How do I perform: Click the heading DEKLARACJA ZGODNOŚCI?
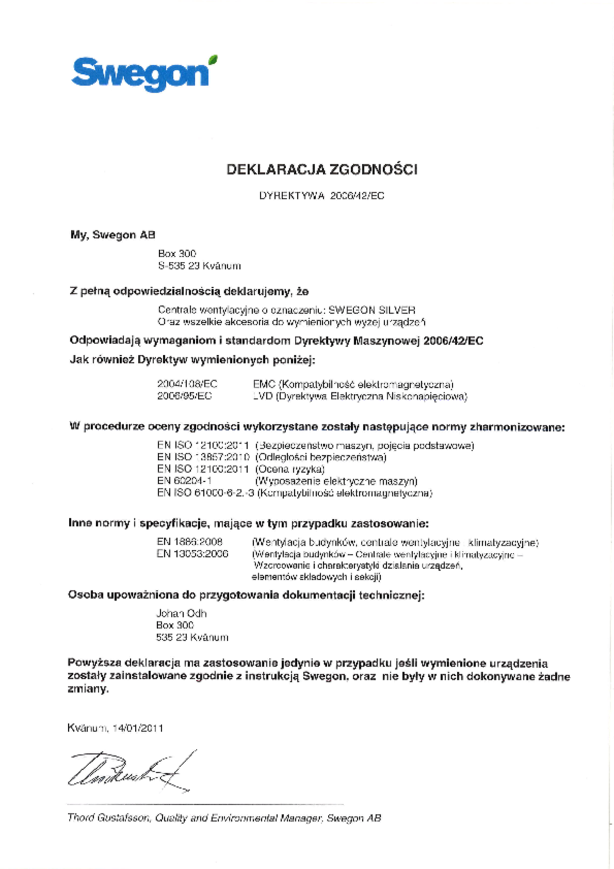322,169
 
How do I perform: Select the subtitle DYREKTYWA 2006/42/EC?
322,196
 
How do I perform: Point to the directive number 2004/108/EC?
187,384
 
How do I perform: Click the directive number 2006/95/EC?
185,396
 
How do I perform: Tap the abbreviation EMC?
264,384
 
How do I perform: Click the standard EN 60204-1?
184,481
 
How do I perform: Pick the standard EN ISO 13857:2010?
203,457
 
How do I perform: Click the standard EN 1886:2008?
190,542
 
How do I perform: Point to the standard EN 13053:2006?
192,553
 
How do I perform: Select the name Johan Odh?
182,613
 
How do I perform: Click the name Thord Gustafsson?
108,818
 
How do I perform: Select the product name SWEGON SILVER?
372,310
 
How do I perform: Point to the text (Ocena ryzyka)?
290,469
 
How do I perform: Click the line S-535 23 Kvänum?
200,266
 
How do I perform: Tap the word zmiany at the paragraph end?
88,689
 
